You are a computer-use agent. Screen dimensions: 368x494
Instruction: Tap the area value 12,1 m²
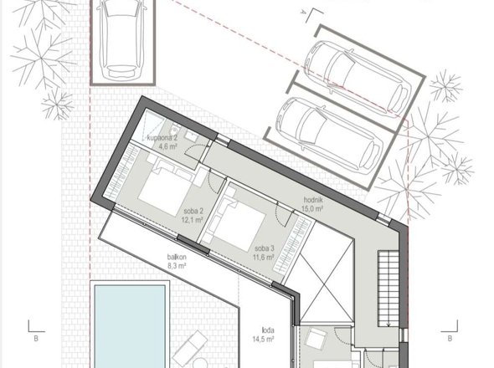pos(194,222)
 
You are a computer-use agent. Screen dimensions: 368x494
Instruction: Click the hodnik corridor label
pos(313,201)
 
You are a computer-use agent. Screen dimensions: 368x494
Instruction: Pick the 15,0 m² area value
pos(313,209)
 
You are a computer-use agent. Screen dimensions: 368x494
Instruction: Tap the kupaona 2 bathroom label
pos(162,136)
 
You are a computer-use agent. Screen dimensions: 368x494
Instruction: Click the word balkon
pos(176,257)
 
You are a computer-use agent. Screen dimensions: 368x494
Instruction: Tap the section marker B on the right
pos(450,339)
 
